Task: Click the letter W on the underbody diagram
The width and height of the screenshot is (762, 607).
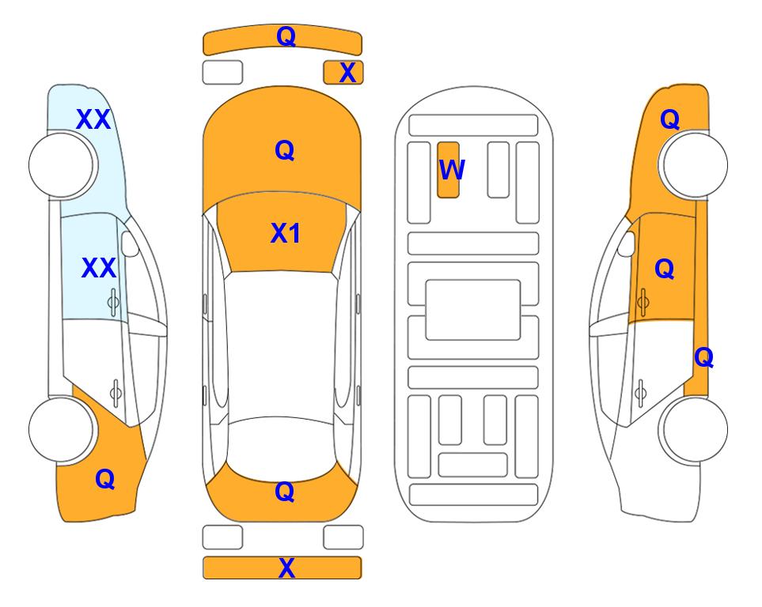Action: click(x=452, y=170)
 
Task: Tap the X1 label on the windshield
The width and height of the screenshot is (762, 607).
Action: click(x=286, y=233)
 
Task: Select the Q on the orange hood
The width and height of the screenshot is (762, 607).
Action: click(x=285, y=150)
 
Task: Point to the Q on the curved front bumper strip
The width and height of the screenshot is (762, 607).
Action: click(x=286, y=36)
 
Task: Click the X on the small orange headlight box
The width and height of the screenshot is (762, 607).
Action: click(x=347, y=73)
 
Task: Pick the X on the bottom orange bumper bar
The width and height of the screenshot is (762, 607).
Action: click(x=286, y=567)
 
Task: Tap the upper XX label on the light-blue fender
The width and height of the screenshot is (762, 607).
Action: click(x=94, y=119)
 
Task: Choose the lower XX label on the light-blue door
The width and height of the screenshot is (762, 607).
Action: click(x=99, y=268)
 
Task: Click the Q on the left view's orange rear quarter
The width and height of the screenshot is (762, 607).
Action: click(x=105, y=479)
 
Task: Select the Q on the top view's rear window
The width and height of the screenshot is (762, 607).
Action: click(x=285, y=492)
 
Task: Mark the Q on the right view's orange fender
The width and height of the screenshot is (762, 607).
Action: click(x=669, y=119)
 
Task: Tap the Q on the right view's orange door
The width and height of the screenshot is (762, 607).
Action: click(x=665, y=269)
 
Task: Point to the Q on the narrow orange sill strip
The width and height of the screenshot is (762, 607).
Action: click(x=703, y=357)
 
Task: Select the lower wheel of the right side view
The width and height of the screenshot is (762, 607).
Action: click(x=693, y=430)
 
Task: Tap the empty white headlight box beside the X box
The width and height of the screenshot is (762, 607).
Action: click(x=222, y=73)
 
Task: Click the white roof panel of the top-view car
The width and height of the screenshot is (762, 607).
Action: click(x=282, y=344)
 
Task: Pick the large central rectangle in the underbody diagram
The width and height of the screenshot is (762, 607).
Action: click(x=473, y=310)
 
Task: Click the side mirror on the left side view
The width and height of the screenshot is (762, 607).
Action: click(x=130, y=243)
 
